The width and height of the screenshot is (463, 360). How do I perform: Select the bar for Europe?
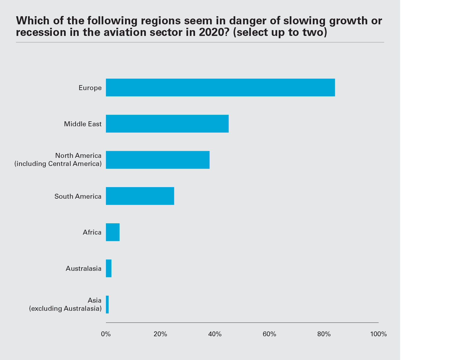click(x=220, y=87)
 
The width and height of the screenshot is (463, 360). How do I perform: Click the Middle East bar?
click(x=167, y=124)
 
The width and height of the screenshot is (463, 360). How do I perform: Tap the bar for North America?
click(x=158, y=160)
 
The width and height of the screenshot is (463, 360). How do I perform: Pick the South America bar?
click(x=140, y=196)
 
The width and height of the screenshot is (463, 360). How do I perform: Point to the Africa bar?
click(x=113, y=232)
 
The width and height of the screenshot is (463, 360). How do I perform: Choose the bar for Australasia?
click(x=109, y=268)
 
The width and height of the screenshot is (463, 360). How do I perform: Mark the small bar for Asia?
click(x=107, y=304)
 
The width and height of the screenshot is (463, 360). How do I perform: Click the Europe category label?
click(x=90, y=88)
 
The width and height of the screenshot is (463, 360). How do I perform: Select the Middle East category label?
click(x=83, y=124)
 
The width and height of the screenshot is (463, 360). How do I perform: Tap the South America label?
click(x=78, y=196)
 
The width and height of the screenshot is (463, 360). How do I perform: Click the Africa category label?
click(x=92, y=232)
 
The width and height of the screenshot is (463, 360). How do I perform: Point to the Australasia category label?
click(x=83, y=268)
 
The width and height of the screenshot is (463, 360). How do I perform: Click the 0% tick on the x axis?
click(x=106, y=334)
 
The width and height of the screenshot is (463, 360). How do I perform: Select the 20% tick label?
click(x=160, y=334)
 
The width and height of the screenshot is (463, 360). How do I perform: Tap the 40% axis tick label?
click(x=215, y=334)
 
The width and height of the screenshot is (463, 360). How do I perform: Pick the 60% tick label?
click(x=269, y=334)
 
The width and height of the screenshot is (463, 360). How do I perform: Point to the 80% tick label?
click(x=324, y=334)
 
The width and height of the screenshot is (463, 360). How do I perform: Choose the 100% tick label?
click(x=379, y=334)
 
